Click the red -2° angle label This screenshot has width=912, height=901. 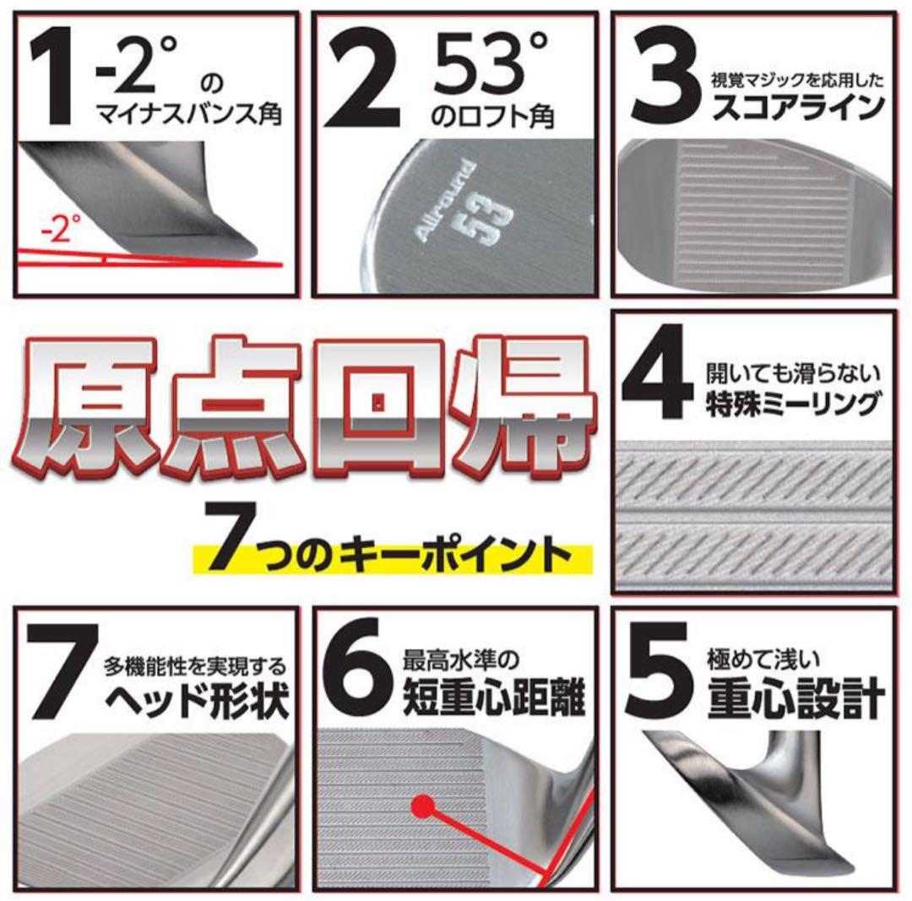coord(62,228)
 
